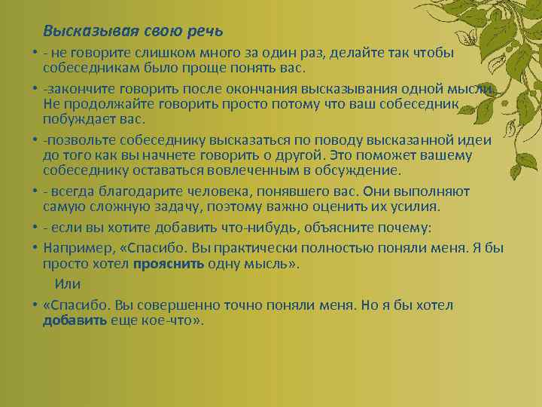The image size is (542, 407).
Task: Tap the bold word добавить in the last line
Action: (x=75, y=320)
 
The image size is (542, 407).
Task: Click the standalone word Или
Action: (x=68, y=283)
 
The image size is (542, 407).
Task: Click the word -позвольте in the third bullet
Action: (x=79, y=141)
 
